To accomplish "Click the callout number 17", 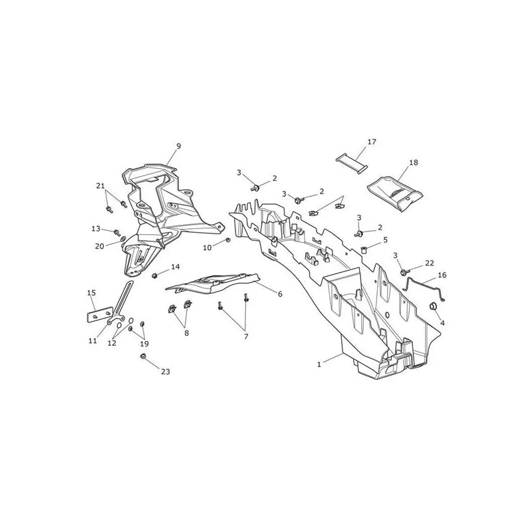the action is coord(372,142).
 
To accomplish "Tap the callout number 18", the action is coord(414,162).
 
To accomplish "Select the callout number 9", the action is coord(179,146).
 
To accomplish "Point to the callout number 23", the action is coord(165,372).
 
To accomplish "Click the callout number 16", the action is coord(442,275).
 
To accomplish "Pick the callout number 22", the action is coord(430,263).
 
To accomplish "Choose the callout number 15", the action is coord(92,293).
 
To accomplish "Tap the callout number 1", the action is coord(319,364).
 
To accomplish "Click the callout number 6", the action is coord(280,294).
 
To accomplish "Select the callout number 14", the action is coord(175,267).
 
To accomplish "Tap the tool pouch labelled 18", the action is coord(396,194).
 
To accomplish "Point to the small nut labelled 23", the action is coord(143,356).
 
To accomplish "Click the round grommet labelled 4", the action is coord(434,307).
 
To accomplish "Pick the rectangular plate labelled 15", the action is coord(100,315).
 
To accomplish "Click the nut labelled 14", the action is coord(155,275).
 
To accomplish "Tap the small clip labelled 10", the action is coord(228,240).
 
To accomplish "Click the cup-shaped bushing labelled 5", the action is coord(364,251).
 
